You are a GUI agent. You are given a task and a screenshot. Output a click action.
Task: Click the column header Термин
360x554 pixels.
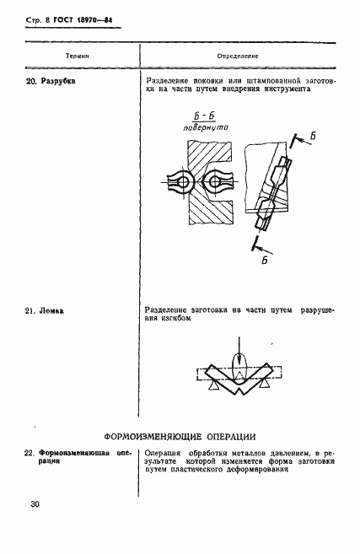click(78, 56)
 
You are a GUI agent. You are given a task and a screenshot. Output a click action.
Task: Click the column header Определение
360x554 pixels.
click(238, 56)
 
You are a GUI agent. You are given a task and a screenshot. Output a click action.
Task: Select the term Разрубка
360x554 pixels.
click(58, 81)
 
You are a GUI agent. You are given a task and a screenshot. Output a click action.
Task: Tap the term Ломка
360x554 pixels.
click(51, 311)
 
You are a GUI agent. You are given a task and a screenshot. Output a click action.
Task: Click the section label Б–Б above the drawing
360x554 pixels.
click(205, 116)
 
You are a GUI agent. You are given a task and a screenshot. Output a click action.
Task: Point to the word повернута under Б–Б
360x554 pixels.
click(206, 127)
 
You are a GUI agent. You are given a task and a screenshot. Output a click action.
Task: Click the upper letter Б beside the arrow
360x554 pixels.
click(313, 136)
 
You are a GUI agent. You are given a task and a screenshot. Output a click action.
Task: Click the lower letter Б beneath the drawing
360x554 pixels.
click(265, 261)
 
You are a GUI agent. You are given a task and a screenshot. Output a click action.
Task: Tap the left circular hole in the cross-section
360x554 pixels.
click(183, 182)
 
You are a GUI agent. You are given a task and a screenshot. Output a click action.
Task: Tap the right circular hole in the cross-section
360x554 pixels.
click(214, 182)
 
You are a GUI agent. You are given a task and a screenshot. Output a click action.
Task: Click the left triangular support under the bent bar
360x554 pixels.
click(213, 386)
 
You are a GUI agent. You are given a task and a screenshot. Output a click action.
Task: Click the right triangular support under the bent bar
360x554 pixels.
click(264, 384)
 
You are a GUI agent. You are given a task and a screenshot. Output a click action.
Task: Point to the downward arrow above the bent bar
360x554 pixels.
click(240, 354)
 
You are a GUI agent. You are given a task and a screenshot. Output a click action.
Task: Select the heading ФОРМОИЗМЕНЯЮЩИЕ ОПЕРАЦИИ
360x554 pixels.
click(180, 437)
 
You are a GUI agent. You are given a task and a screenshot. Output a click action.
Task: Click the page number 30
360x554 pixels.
click(35, 504)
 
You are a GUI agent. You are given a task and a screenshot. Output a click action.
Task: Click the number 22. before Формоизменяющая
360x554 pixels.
click(30, 453)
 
